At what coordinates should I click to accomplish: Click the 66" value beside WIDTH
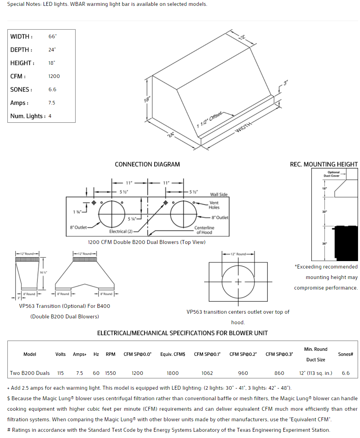pyautogui.click(x=53, y=37)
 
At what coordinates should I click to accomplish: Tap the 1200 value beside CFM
pyautogui.click(x=54, y=76)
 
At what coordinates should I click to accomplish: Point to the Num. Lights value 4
pyautogui.click(x=50, y=116)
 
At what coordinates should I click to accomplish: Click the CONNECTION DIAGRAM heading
pyautogui.click(x=147, y=164)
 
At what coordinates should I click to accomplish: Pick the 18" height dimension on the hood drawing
pyautogui.click(x=146, y=99)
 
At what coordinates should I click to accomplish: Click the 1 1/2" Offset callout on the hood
pyautogui.click(x=209, y=120)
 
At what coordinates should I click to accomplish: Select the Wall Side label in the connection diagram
pyautogui.click(x=219, y=194)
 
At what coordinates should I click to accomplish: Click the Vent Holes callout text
pyautogui.click(x=214, y=205)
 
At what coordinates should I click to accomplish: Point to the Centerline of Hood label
pyautogui.click(x=204, y=230)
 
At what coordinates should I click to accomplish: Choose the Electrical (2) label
pyautogui.click(x=121, y=231)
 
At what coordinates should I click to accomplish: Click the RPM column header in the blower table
pyautogui.click(x=111, y=354)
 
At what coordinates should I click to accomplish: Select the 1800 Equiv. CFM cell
pyautogui.click(x=173, y=373)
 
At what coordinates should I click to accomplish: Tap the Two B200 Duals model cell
pyautogui.click(x=30, y=373)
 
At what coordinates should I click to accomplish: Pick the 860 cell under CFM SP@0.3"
pyautogui.click(x=279, y=373)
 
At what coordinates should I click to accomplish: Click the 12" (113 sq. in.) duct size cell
pyautogui.click(x=316, y=373)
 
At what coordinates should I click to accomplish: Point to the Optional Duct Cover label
pyautogui.click(x=332, y=174)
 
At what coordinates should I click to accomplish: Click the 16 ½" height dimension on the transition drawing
pyautogui.click(x=43, y=272)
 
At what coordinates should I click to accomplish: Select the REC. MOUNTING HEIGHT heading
pyautogui.click(x=323, y=164)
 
